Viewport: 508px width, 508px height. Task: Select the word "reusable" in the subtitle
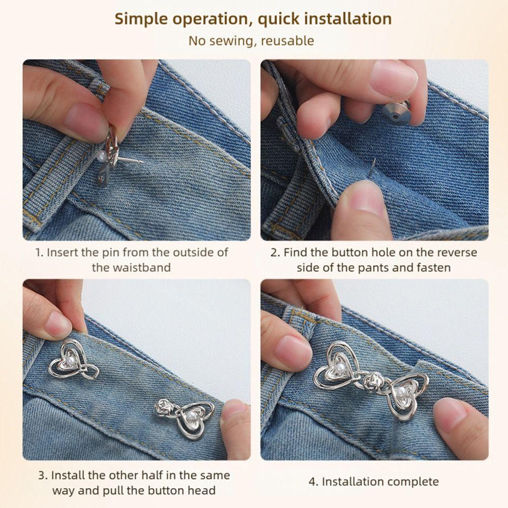(x=287, y=41)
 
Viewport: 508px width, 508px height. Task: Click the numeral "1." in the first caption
(x=40, y=252)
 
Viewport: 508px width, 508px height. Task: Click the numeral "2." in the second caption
(x=275, y=252)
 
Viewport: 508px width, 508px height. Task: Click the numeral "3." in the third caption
(x=44, y=475)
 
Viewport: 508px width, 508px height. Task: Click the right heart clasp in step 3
(x=188, y=414)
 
